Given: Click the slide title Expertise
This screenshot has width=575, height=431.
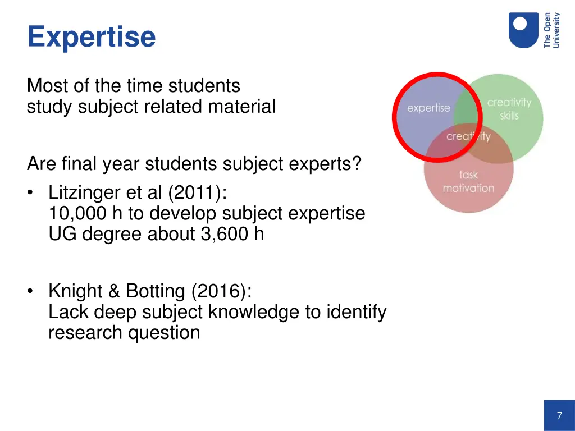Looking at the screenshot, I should pyautogui.click(x=92, y=37).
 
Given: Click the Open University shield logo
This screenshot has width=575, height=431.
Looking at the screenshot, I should pyautogui.click(x=523, y=30).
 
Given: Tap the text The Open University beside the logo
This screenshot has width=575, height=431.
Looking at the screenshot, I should pyautogui.click(x=552, y=30).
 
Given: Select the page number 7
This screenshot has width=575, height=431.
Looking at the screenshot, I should pyautogui.click(x=559, y=416).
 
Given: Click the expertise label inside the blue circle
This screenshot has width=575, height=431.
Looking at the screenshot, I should pyautogui.click(x=428, y=108).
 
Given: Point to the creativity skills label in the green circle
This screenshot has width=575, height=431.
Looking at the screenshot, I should pyautogui.click(x=509, y=109).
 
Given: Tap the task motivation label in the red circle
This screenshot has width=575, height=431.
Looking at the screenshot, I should pyautogui.click(x=468, y=182).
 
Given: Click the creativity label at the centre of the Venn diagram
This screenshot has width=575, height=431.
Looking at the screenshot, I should pyautogui.click(x=468, y=136).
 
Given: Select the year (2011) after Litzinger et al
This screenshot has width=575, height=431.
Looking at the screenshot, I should pyautogui.click(x=197, y=192).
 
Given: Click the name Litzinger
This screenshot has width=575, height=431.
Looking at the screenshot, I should pyautogui.click(x=84, y=192).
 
